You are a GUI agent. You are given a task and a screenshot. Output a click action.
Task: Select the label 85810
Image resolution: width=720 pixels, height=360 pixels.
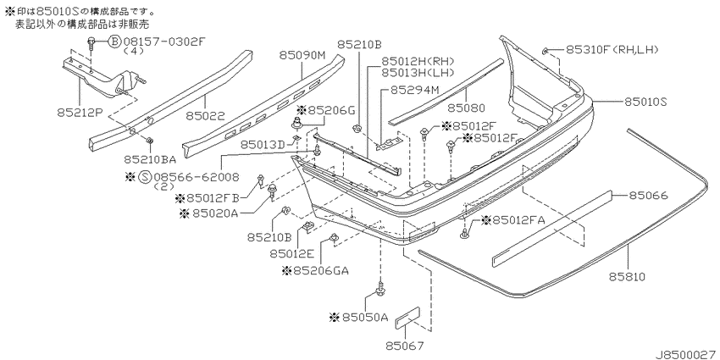click(x=628, y=277)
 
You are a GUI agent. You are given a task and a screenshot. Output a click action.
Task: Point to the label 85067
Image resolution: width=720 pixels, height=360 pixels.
click(x=405, y=345)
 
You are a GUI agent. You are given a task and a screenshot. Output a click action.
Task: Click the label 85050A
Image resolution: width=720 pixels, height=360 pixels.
click(x=359, y=318)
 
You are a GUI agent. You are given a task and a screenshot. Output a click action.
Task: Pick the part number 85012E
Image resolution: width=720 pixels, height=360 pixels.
click(x=291, y=253)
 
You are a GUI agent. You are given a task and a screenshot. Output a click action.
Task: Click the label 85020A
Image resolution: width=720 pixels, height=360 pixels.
click(x=209, y=213)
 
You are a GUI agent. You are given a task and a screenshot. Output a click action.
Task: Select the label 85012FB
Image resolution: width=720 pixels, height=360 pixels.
click(x=208, y=198)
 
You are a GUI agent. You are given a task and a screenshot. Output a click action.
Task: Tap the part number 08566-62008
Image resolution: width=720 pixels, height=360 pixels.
click(x=197, y=177)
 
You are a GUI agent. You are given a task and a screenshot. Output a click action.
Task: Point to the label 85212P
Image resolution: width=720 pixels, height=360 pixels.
click(x=79, y=112)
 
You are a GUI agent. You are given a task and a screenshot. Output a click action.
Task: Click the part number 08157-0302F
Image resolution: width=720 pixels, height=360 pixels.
click(x=163, y=42)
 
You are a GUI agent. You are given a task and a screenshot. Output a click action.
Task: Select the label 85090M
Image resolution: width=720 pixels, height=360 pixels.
click(x=302, y=56)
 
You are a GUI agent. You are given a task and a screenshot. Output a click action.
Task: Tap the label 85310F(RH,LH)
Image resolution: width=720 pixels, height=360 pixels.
click(x=612, y=48)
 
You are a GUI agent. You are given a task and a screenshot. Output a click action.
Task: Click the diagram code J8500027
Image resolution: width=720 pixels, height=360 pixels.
click(x=687, y=354)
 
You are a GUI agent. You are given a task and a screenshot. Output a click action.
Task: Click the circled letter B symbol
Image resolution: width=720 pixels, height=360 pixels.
click(x=114, y=42)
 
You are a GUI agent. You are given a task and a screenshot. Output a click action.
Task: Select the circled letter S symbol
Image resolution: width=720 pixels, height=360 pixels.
click(x=145, y=177)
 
